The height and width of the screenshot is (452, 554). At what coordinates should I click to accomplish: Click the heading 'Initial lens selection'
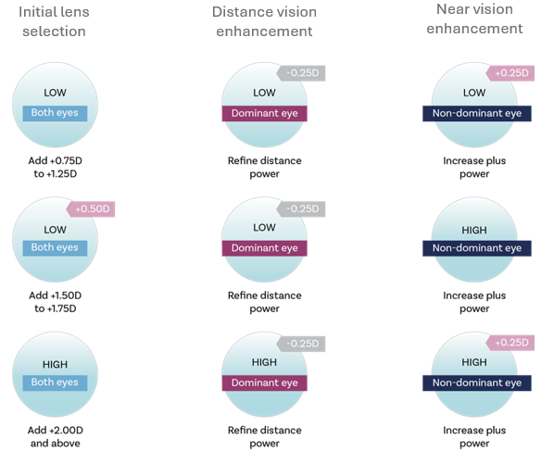click(53, 22)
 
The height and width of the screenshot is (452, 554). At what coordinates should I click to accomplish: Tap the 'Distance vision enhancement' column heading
click(264, 22)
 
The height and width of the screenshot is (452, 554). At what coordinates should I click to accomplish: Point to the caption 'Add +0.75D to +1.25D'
click(55, 167)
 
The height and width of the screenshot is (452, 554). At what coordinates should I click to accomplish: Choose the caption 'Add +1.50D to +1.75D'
click(55, 302)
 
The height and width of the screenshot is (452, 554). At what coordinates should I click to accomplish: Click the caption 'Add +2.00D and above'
click(55, 436)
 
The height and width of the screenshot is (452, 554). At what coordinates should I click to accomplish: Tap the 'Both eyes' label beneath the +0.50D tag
click(55, 247)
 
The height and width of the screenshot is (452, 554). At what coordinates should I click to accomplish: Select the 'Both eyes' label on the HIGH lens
click(55, 383)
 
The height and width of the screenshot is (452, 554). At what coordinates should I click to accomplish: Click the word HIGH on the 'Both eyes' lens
click(55, 362)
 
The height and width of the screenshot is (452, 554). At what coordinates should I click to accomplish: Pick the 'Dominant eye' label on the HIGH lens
click(264, 383)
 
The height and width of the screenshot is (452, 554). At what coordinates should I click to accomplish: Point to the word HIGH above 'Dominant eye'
click(264, 362)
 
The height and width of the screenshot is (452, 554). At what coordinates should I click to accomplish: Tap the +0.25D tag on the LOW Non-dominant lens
click(513, 73)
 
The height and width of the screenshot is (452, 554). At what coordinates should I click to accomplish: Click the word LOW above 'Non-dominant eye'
click(474, 93)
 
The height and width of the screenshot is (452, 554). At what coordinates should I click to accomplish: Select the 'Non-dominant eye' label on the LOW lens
click(475, 113)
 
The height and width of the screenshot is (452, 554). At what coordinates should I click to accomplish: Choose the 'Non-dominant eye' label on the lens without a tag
click(475, 247)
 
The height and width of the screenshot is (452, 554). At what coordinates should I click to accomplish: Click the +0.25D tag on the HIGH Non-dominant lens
click(513, 343)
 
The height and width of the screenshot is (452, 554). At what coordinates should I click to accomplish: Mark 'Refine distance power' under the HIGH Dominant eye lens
click(264, 436)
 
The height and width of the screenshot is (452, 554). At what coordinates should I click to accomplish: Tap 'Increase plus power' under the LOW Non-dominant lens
click(474, 167)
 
